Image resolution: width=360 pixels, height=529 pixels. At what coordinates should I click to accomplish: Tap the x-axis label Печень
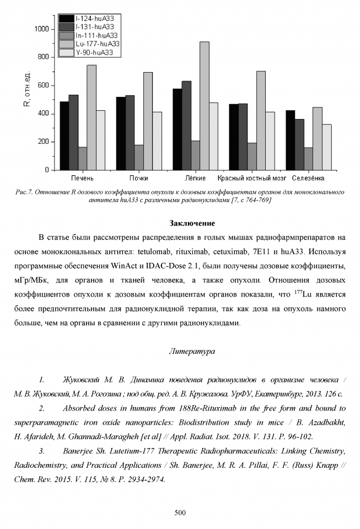coord(82,179)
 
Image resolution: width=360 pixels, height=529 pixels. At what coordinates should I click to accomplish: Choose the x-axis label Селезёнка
coord(308,179)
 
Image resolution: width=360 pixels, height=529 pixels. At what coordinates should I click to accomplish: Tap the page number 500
coord(180,513)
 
